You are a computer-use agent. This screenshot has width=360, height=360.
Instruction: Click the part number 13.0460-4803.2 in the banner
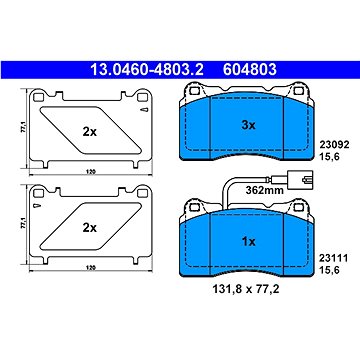147,70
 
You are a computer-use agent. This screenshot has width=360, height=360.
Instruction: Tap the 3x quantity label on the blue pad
248,125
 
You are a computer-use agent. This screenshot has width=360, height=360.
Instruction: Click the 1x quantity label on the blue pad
248,242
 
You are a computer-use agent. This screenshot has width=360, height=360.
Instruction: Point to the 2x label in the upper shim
90,132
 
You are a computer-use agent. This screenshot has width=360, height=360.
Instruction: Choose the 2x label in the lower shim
90,228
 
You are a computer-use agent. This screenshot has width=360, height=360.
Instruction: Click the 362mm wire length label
264,190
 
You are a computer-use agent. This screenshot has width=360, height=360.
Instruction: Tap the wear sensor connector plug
301,180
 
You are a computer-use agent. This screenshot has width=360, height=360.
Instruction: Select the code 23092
334,145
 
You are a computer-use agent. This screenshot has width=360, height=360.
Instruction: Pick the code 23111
334,258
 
